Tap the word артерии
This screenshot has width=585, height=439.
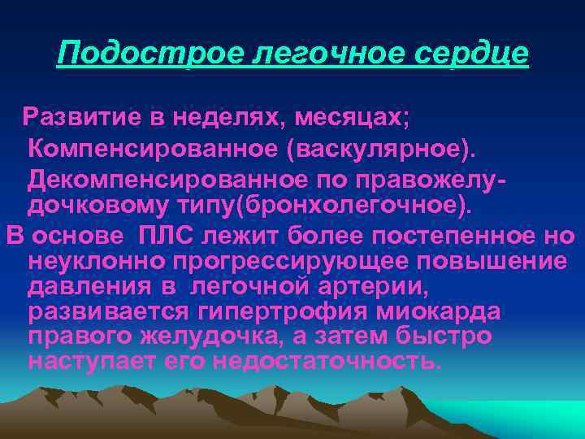point(392,288)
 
